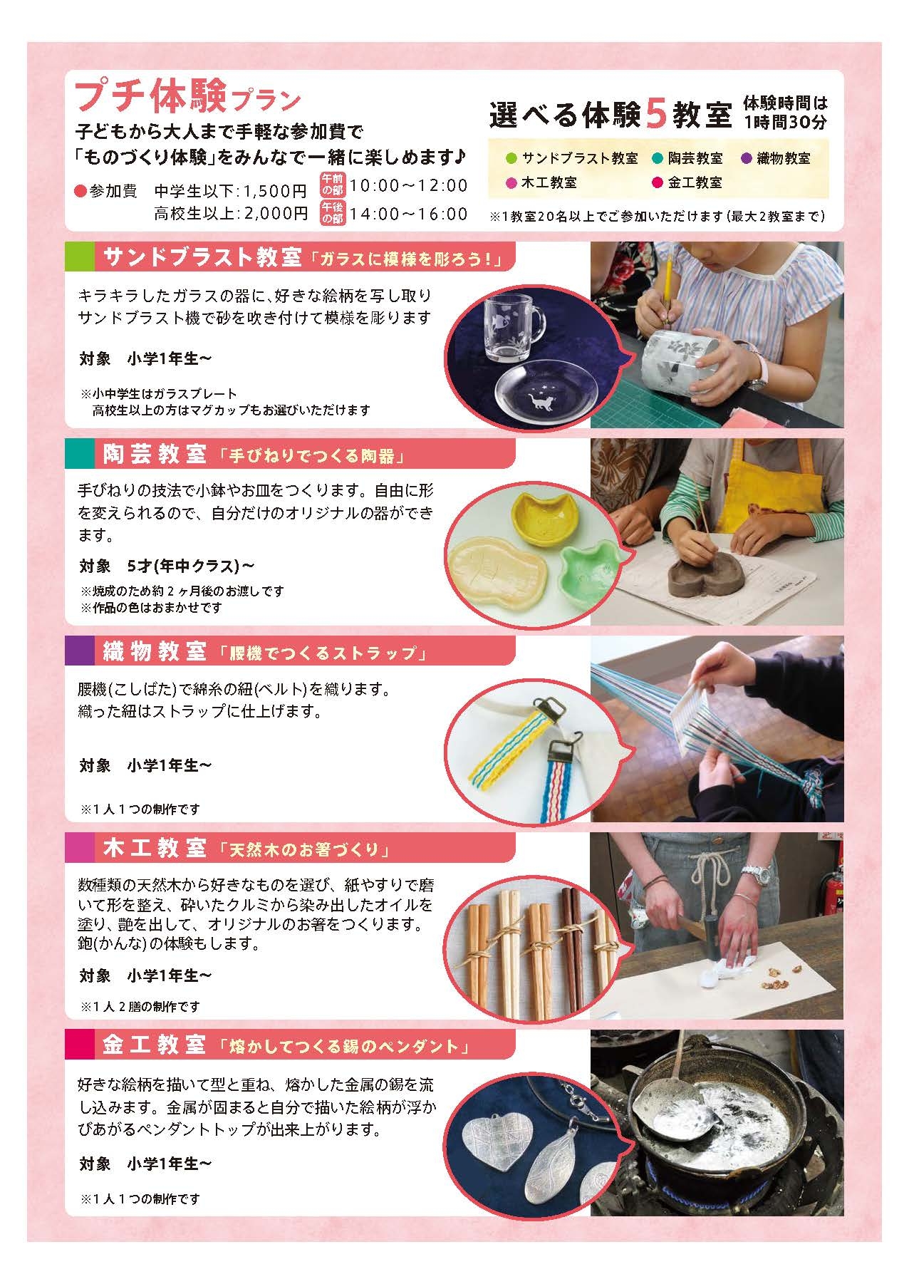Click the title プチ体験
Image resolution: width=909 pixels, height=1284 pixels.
pos(152,97)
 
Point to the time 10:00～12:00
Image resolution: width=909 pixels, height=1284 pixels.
pos(409,186)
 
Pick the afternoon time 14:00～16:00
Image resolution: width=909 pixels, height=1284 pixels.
pos(409,214)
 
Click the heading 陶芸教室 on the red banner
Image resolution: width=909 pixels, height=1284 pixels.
pos(155,454)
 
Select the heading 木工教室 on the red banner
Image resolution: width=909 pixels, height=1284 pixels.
pos(155,849)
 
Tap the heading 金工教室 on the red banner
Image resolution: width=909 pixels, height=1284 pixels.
pos(155,1045)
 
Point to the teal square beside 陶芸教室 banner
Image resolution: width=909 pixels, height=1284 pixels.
pos(79,454)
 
